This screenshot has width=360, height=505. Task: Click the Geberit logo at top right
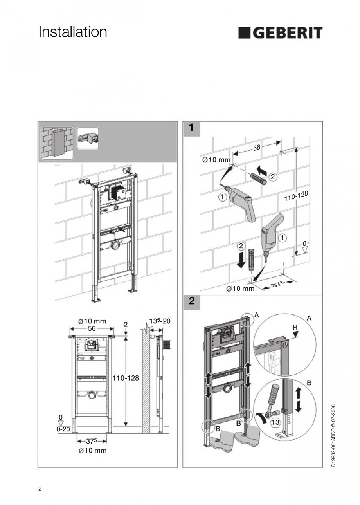tap(280, 33)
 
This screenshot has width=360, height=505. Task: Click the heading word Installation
tap(73, 32)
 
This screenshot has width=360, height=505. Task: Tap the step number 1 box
tap(191, 128)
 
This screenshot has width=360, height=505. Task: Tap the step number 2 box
tap(191, 301)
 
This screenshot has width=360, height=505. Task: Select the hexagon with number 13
tap(275, 422)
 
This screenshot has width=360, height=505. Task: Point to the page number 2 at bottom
tap(40, 488)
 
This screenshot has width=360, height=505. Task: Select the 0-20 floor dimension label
tap(63, 429)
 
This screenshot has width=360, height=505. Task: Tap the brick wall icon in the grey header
tap(57, 143)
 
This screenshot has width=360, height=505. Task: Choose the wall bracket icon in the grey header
tap(88, 139)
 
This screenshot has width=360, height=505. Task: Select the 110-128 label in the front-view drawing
tap(126, 379)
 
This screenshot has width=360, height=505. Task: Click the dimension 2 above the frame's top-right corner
tap(126, 324)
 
